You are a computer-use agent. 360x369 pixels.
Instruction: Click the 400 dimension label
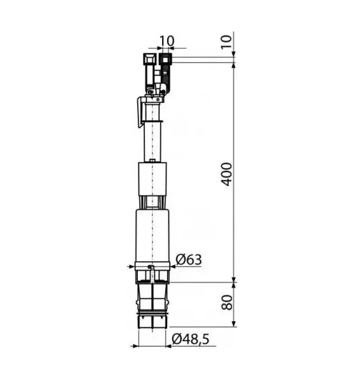tap(226, 174)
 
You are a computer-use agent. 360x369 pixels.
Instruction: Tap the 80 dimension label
tap(227, 302)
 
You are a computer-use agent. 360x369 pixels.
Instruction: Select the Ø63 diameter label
tap(189, 260)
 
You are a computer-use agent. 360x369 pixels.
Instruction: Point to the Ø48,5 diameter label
tap(191, 339)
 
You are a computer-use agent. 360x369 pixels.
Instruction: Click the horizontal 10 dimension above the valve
tap(166, 41)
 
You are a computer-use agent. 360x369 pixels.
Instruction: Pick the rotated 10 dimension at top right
tap(226, 42)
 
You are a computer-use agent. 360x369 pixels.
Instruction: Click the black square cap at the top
tap(165, 59)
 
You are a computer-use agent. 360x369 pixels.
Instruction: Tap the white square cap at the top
tap(150, 59)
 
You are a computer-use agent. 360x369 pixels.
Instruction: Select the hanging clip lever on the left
tap(140, 112)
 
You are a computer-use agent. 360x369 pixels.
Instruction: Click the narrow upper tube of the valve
tap(153, 142)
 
